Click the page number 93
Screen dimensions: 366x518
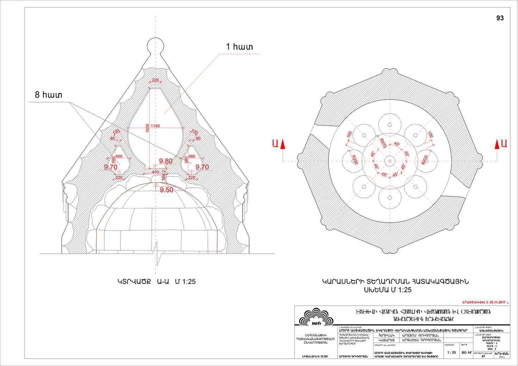point(500,18)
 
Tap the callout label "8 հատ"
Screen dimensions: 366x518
point(48,95)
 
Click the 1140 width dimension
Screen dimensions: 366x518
point(155,126)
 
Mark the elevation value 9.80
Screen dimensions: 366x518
point(166,161)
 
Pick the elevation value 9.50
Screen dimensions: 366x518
point(166,190)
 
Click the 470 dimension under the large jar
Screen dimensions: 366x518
point(155,172)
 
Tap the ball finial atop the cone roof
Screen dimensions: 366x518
point(155,45)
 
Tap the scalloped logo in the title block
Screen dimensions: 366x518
point(314,317)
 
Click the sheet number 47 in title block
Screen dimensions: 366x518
point(483,356)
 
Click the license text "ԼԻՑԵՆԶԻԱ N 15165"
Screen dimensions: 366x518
point(315,356)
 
